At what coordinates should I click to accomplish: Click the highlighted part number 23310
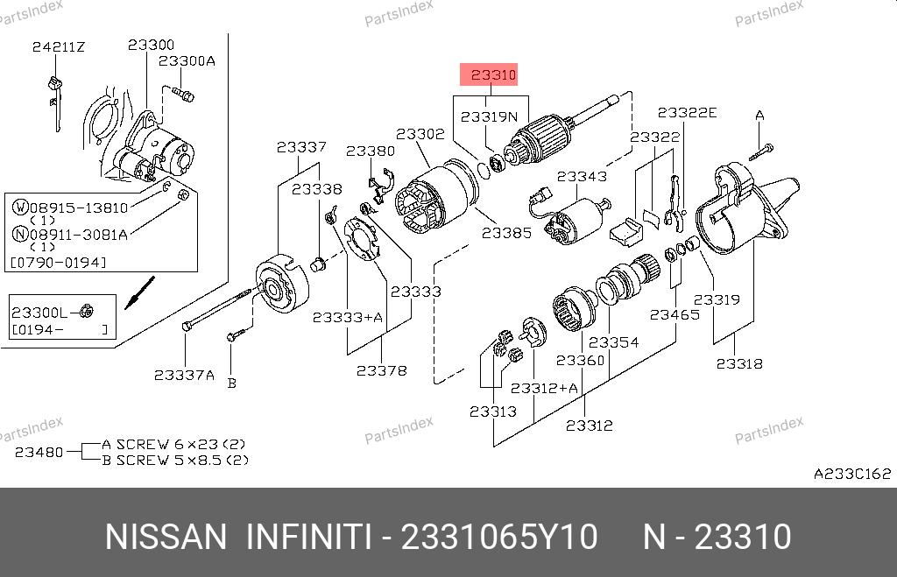(494, 75)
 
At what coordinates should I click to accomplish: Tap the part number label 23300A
(187, 61)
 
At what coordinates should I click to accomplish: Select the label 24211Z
(59, 46)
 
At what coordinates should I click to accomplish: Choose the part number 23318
(738, 363)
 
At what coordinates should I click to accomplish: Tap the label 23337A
(184, 375)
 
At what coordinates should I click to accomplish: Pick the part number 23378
(381, 370)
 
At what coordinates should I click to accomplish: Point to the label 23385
(506, 234)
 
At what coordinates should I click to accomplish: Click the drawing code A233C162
(851, 474)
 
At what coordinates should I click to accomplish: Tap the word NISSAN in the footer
(165, 537)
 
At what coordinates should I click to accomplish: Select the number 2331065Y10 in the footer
(500, 537)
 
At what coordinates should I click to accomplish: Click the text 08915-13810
(78, 208)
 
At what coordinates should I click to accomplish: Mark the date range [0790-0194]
(58, 262)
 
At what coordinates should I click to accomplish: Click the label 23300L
(39, 312)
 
